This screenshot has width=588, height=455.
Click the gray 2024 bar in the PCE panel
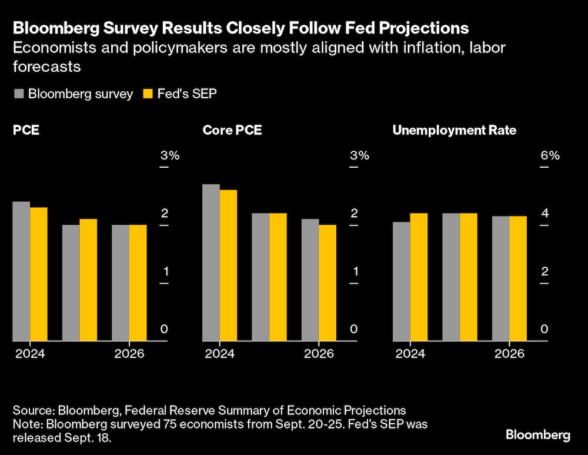pos(21,271)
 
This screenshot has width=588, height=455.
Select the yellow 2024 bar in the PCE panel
pos(39,274)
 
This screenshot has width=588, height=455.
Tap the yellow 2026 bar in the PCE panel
pos(138,283)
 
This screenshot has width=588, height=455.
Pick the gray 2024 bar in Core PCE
pos(211,263)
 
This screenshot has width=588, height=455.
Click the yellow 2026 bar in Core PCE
pos(328,283)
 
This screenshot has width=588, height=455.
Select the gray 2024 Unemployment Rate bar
pos(401,281)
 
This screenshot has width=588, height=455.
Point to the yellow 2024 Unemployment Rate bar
pos(419,277)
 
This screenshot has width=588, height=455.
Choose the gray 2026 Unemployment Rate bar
pos(500,278)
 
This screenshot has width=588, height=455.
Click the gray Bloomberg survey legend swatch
pos(18,94)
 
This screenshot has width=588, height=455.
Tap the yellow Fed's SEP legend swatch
pos(148,94)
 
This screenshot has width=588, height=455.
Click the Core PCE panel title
pos(232,130)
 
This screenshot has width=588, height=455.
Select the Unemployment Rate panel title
pos(454,130)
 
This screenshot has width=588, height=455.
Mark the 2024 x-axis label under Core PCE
pos(219,354)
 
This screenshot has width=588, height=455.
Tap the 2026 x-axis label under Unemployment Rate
pos(509,354)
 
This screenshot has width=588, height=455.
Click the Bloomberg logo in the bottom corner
pos(538,435)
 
